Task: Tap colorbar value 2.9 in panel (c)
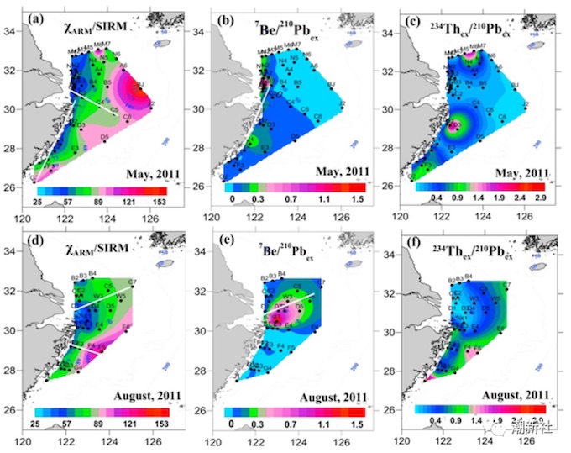(542, 203)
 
